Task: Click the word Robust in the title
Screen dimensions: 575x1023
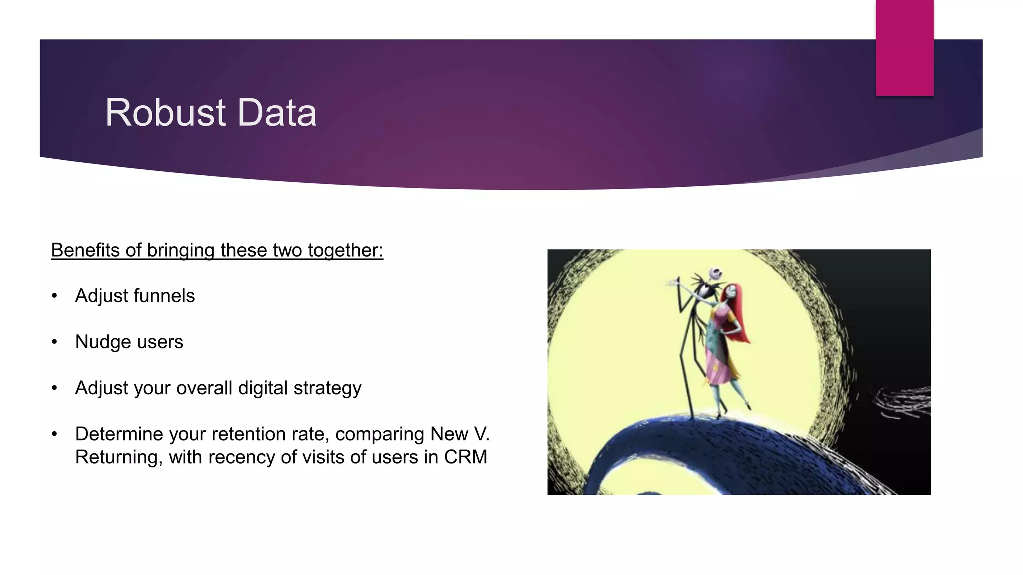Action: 165,113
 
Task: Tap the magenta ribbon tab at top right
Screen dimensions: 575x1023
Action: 904,48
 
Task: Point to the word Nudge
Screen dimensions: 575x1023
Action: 103,342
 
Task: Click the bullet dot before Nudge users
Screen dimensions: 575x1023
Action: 55,342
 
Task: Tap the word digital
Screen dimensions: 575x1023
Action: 263,388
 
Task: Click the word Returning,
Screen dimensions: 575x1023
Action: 119,457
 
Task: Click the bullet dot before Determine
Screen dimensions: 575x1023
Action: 55,434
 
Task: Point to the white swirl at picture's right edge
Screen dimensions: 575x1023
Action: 904,402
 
